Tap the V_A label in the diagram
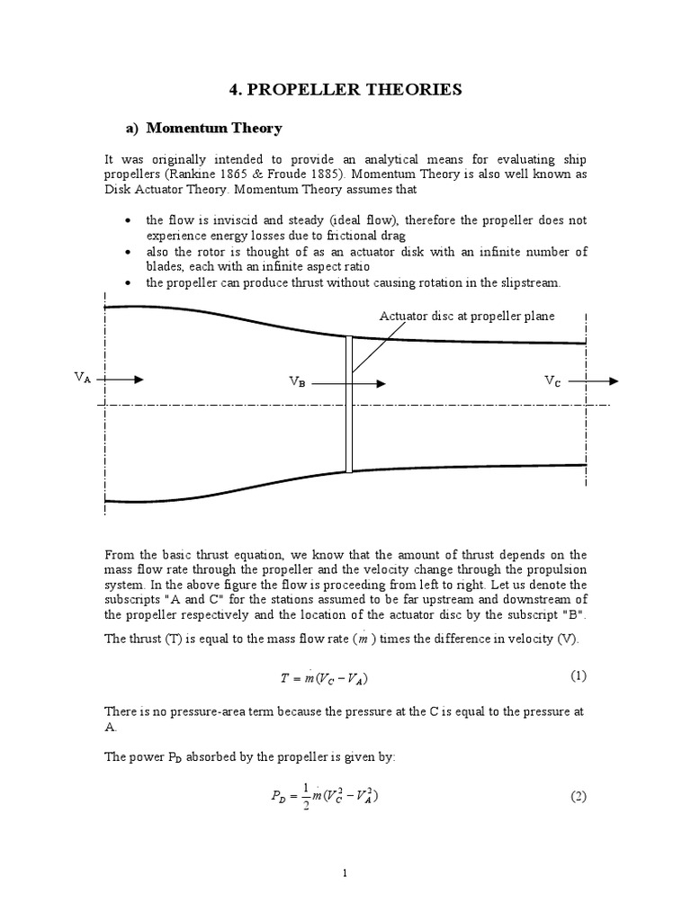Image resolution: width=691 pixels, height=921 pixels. [x=83, y=379]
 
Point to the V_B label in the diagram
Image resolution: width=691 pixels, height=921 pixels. [x=297, y=382]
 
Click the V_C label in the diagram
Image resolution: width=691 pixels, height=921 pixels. [x=553, y=380]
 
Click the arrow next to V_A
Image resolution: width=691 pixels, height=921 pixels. [x=121, y=380]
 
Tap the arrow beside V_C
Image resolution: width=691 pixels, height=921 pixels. [x=594, y=380]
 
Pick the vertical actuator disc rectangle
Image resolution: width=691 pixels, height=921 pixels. [x=348, y=404]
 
